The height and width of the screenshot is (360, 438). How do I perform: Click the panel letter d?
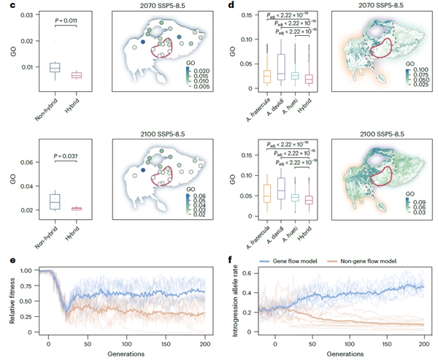[x=231, y=5]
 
